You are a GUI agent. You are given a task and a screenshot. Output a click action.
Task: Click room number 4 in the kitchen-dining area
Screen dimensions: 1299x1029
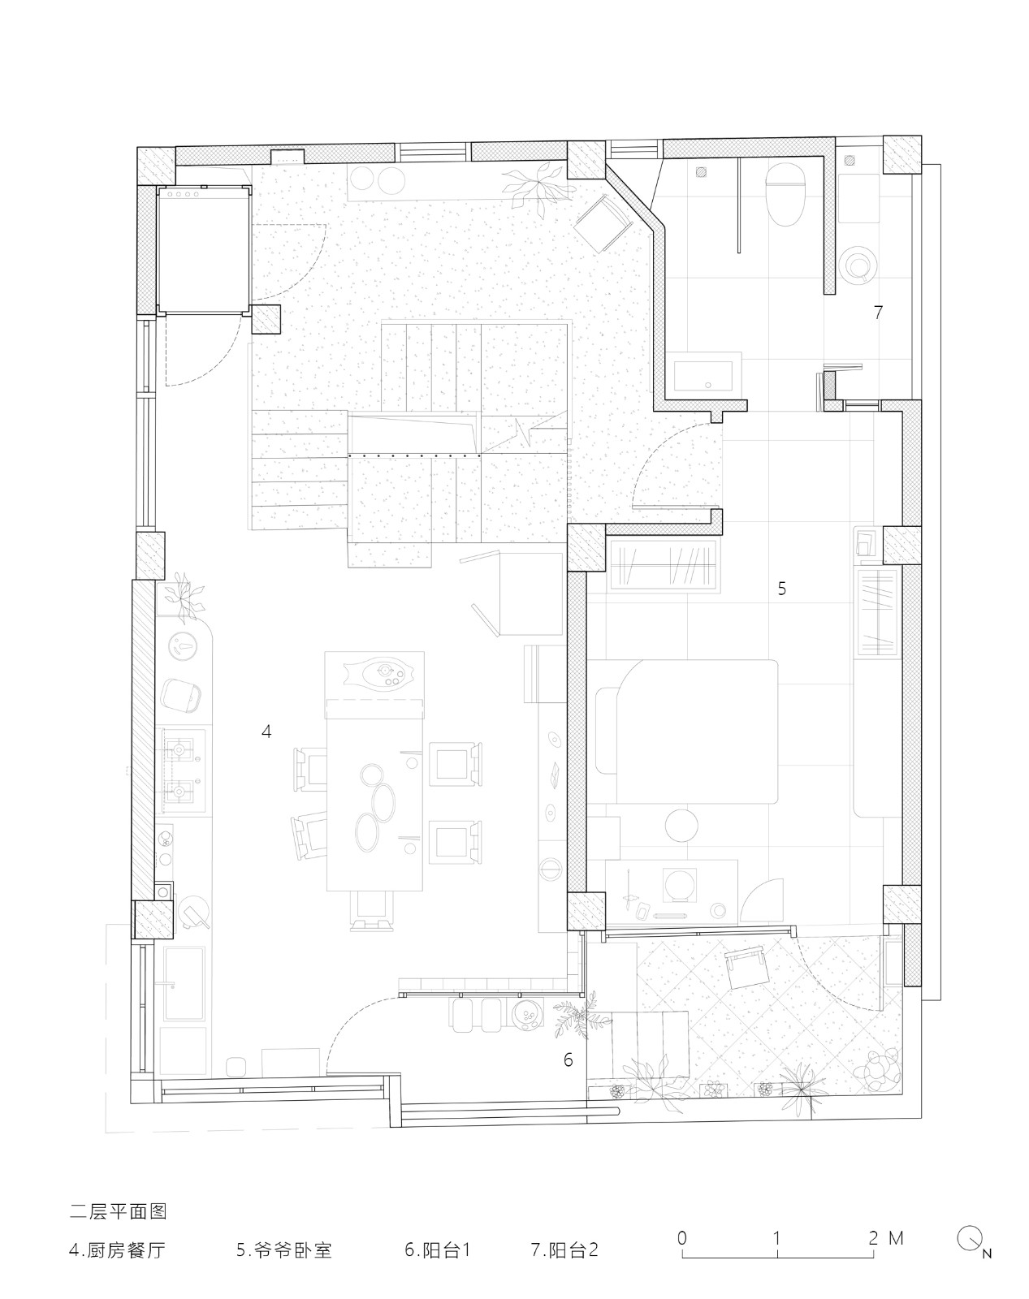click(266, 731)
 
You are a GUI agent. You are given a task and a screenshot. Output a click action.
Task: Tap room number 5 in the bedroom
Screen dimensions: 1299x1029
click(782, 589)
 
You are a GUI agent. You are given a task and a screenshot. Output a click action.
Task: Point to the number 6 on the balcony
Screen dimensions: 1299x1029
click(569, 1059)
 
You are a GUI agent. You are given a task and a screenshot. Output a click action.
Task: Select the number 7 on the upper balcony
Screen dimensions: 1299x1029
click(879, 312)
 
